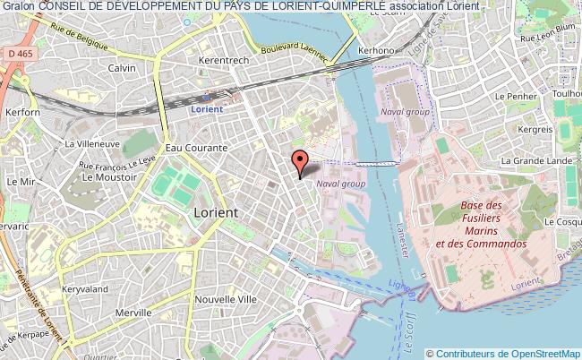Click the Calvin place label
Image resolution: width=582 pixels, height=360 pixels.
point(122,68)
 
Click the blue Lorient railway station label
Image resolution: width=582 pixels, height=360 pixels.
point(209,109)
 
